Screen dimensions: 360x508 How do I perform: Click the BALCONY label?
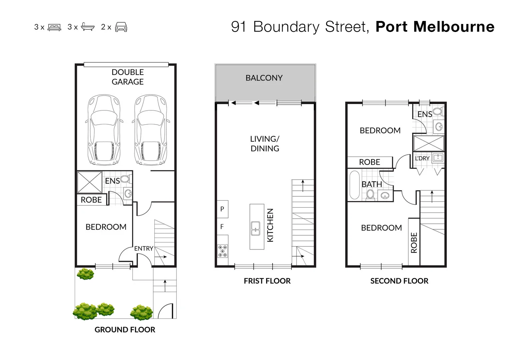coord(264,78)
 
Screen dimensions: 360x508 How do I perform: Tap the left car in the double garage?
coord(104,130)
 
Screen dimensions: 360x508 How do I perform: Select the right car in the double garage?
coord(150,130)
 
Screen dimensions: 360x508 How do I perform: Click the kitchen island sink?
coord(256,228)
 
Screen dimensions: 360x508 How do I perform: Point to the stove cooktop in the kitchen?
coord(222,251)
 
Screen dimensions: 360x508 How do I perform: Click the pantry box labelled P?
coord(222,209)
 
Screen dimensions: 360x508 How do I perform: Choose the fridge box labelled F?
coord(222,227)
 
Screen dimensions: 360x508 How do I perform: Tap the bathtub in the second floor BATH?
coord(354,185)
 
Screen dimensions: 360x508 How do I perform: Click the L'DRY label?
coord(422,158)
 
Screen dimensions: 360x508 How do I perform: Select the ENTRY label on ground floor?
coord(143,248)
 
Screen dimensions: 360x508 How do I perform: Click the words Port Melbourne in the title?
coord(435,27)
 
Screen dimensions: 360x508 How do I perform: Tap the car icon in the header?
coord(121,27)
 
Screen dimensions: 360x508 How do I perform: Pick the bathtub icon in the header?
coord(88,27)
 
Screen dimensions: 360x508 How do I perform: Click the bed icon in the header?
coord(54,27)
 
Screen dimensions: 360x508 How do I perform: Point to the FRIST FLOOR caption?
coord(267,281)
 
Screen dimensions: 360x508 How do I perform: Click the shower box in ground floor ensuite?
coord(89,182)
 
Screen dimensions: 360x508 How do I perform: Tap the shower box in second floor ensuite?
coord(429,143)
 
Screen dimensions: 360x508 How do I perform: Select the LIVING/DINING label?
coord(265,144)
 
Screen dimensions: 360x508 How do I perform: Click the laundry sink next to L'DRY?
coord(438,158)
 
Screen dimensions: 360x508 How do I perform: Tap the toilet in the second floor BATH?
coord(370,194)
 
